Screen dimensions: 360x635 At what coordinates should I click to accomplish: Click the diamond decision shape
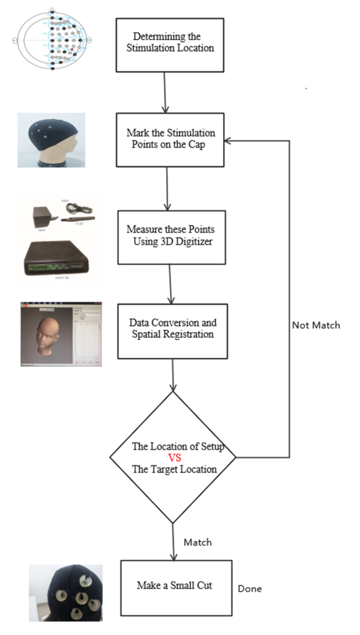point(173,457)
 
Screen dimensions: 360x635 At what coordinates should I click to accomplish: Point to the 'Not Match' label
point(316,325)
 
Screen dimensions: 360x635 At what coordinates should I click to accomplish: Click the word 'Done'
point(249,588)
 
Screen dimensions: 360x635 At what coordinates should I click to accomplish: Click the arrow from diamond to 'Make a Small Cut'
point(174,541)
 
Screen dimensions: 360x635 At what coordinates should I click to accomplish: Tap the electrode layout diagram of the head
point(52,40)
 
